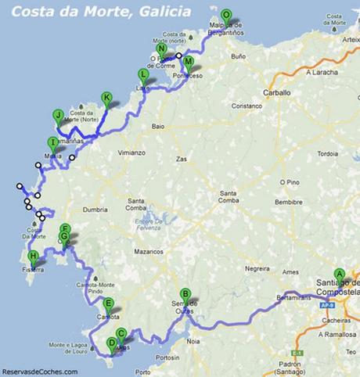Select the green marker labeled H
(33, 257)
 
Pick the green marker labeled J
(58, 115)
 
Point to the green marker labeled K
(106, 98)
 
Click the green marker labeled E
(108, 304)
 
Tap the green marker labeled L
(142, 74)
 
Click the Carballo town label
(275, 92)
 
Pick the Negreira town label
(257, 268)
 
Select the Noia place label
(194, 341)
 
